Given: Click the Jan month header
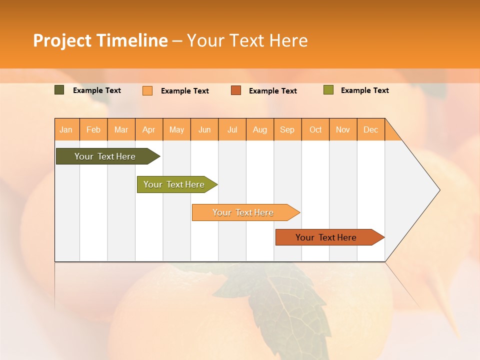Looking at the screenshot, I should tap(66, 129).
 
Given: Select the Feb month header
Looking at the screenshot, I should tap(93, 129).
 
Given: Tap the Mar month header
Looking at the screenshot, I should tap(121, 129).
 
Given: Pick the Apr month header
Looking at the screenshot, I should tap(149, 129).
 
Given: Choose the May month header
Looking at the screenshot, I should tap(176, 129).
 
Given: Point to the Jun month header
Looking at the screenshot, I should tap(204, 129).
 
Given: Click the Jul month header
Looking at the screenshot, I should tap(232, 129).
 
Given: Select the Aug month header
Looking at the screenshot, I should tap(260, 129).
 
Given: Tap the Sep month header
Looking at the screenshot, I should tap(287, 129).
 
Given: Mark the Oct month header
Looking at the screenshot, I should tap(315, 129).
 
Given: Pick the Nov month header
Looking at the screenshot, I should tap(343, 129).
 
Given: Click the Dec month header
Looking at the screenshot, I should tap(371, 129).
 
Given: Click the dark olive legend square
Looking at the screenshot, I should tap(59, 90).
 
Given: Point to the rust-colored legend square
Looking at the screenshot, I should tap(236, 90).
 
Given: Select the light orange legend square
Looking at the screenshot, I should tap(147, 90).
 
